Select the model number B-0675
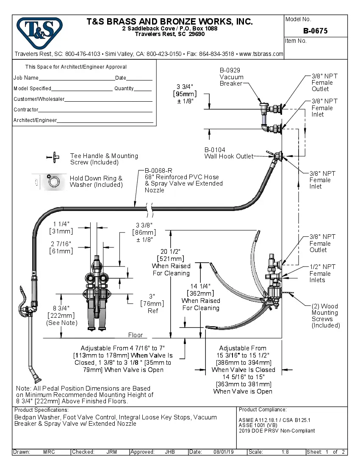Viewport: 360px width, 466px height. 315,31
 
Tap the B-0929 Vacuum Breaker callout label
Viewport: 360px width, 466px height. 231,77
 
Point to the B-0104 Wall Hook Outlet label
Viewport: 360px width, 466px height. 229,153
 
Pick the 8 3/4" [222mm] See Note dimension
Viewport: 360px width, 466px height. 61,315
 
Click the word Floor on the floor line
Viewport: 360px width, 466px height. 136,335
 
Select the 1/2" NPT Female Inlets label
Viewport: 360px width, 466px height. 322,273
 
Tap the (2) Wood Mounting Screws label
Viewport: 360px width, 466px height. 325,316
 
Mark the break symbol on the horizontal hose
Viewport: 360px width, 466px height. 149,208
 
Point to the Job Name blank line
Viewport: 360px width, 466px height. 77,79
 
